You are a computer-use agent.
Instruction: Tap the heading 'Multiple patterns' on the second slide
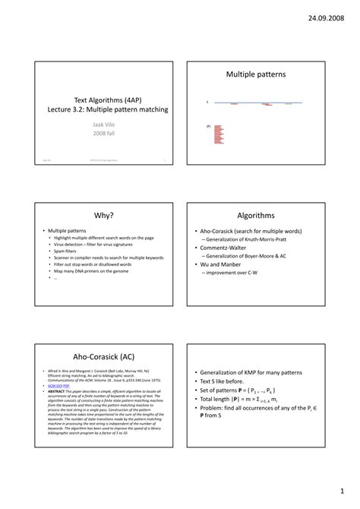click(x=256, y=74)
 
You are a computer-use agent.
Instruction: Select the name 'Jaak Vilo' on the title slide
click(x=106, y=122)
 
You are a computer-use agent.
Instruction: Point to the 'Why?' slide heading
click(x=104, y=216)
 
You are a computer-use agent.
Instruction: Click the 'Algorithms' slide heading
click(x=256, y=216)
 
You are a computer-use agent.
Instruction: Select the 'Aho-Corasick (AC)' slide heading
click(x=104, y=356)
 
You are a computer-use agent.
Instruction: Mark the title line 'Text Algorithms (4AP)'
click(x=106, y=100)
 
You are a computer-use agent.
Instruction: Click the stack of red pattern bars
click(x=219, y=134)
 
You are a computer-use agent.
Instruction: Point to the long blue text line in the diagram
click(x=258, y=102)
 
